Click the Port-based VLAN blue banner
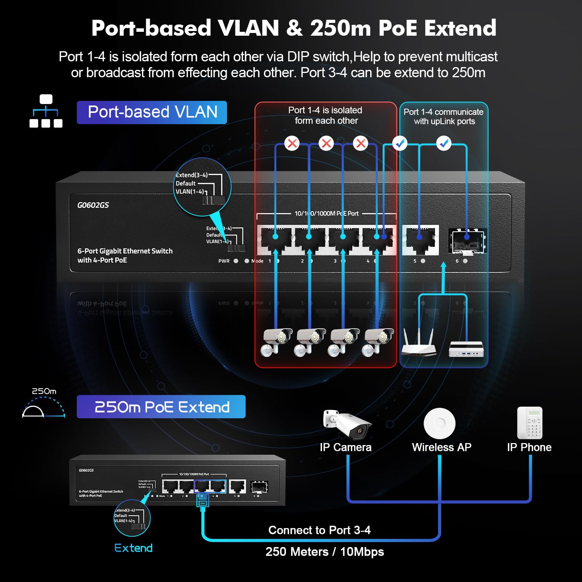tap(152, 113)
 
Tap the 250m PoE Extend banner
tap(161, 407)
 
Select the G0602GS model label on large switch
tap(93, 205)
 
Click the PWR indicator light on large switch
tap(236, 261)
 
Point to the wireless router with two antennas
tap(418, 343)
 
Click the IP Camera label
tap(345, 447)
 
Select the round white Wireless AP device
tap(440, 423)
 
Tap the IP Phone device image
tap(530, 423)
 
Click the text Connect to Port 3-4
tap(319, 530)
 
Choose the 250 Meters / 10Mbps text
tap(324, 552)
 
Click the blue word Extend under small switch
tap(133, 548)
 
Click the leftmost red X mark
tap(292, 143)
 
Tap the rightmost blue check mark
tap(443, 143)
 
